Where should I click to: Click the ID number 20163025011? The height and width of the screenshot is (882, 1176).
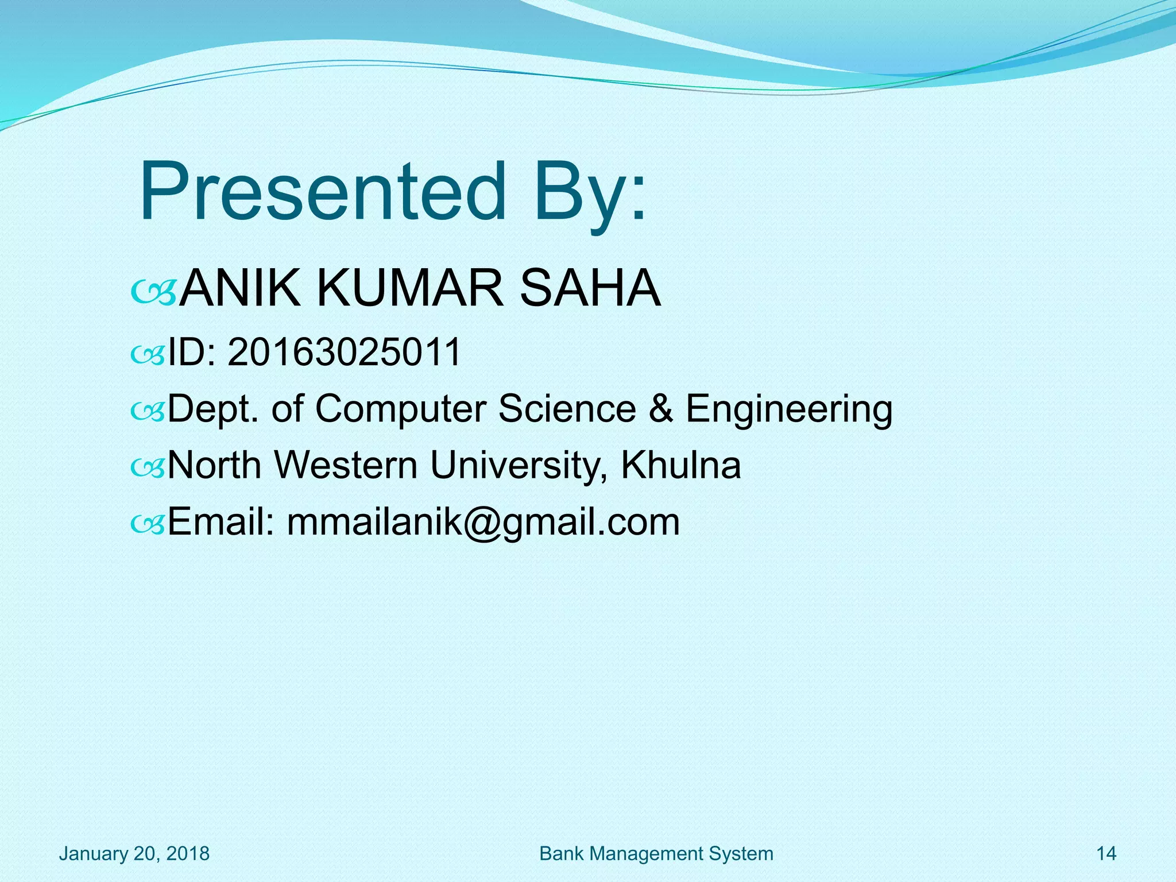[x=345, y=352]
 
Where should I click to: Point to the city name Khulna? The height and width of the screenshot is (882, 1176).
[x=681, y=465]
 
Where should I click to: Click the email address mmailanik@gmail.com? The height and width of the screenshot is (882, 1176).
[x=483, y=523]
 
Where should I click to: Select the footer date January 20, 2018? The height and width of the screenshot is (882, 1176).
[x=134, y=854]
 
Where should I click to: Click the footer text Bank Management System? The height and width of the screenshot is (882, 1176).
[x=656, y=854]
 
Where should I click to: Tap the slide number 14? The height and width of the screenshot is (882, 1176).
[x=1107, y=854]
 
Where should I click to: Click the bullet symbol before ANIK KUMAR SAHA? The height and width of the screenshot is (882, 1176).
[x=153, y=293]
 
